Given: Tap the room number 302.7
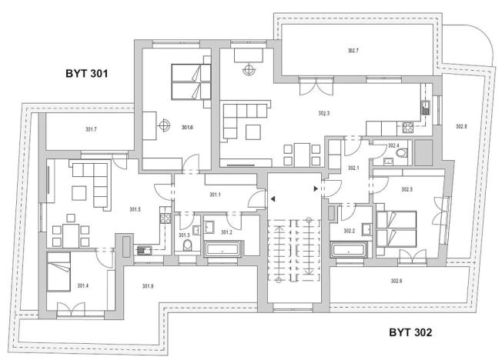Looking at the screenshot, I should click(x=353, y=50).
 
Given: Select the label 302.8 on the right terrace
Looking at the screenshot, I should click(x=461, y=125).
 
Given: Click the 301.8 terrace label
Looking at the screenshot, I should click(x=148, y=286).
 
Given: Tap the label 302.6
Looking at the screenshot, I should click(x=396, y=282).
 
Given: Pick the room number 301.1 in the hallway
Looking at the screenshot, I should click(x=215, y=195).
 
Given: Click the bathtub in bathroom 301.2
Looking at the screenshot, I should click(x=223, y=249).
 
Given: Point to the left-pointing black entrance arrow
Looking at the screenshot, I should click(x=272, y=198).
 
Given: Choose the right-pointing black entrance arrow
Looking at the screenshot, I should click(x=315, y=188).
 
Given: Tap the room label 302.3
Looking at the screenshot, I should click(x=323, y=113).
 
